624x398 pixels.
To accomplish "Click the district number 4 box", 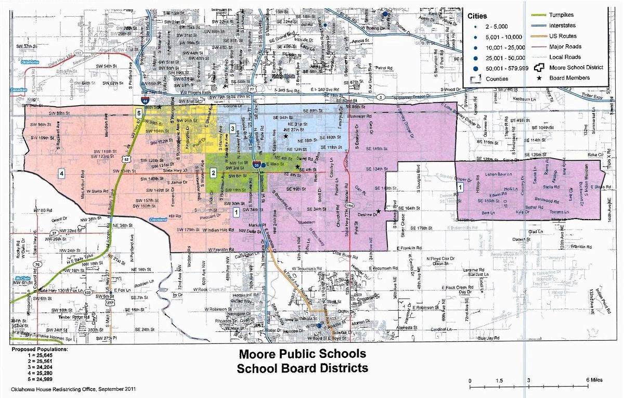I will click(x=61, y=173).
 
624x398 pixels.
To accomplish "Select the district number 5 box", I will click(x=138, y=112).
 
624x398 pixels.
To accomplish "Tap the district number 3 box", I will click(x=232, y=128).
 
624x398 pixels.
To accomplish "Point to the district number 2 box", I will click(x=213, y=172).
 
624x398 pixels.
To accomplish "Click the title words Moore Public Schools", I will click(x=302, y=355).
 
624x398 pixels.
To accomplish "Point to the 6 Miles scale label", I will click(x=593, y=380).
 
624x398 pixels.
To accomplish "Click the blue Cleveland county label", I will click(x=160, y=220).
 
